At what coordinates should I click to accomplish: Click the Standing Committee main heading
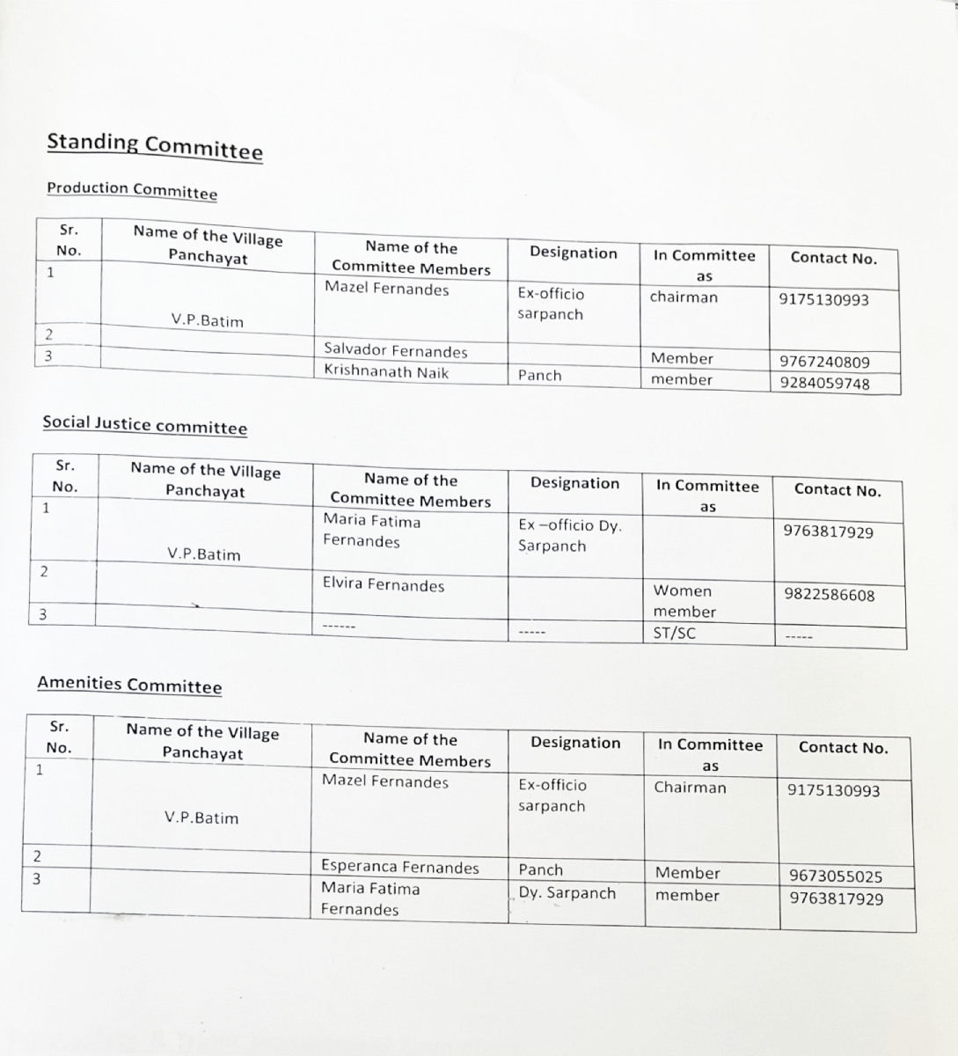(x=155, y=146)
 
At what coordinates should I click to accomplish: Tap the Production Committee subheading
(x=132, y=190)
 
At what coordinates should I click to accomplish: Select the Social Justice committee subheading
(x=145, y=425)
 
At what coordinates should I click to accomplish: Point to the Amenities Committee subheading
(x=129, y=685)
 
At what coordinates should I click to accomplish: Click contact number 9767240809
(x=824, y=362)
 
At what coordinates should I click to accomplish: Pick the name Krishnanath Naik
(x=386, y=372)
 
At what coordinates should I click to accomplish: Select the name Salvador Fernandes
(x=396, y=351)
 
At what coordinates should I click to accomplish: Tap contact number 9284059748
(x=824, y=384)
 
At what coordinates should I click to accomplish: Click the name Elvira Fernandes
(x=384, y=585)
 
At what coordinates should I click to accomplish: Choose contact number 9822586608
(x=829, y=595)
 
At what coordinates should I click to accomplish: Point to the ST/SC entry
(x=674, y=633)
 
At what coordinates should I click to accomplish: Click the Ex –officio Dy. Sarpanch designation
(x=569, y=536)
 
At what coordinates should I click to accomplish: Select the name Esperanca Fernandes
(x=400, y=868)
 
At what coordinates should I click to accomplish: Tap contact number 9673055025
(x=836, y=876)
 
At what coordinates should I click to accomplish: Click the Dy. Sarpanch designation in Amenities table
(x=567, y=893)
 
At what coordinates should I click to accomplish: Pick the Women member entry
(x=684, y=601)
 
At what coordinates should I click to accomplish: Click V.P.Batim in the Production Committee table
(x=207, y=321)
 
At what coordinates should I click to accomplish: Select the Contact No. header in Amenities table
(x=843, y=748)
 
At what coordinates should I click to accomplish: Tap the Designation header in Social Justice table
(x=574, y=483)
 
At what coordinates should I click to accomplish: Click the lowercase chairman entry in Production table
(x=684, y=297)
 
